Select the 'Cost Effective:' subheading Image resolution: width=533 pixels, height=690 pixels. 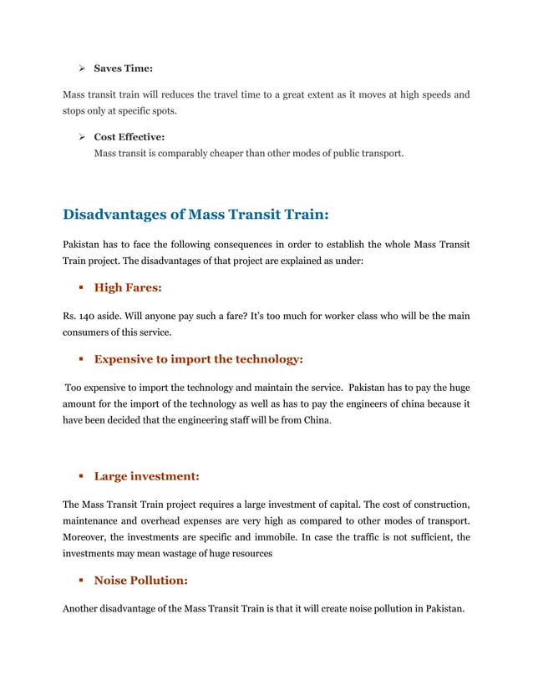tap(129, 135)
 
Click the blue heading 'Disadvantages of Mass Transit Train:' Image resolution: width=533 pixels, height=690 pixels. tap(195, 215)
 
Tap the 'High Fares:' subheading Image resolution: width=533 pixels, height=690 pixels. tap(128, 287)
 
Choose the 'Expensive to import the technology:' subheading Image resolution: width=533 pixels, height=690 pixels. tap(198, 359)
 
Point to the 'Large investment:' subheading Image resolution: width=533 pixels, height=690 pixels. tap(146, 476)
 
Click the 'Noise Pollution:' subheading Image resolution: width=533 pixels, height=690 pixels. tap(141, 580)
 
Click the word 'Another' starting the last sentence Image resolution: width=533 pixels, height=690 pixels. tap(84, 608)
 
